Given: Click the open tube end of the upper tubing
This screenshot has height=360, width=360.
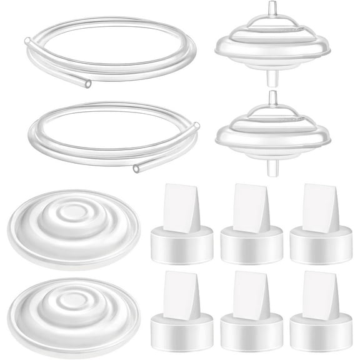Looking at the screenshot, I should [x=87, y=83].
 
